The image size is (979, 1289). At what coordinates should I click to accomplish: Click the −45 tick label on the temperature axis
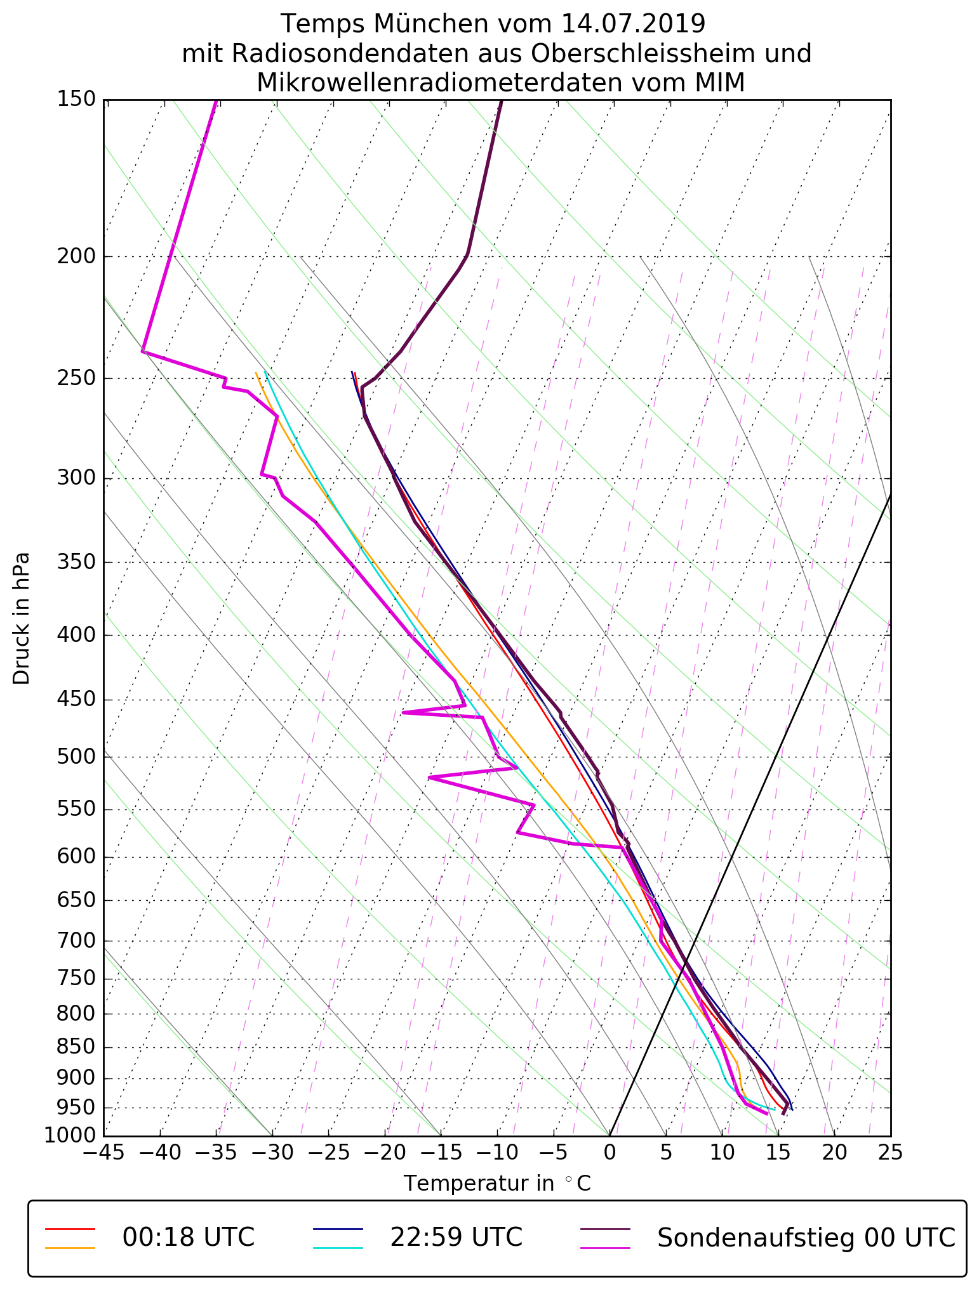coord(104,1152)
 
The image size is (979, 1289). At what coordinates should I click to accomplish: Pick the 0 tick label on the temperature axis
coord(609,1152)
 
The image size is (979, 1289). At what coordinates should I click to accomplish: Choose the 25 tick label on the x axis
coord(890,1152)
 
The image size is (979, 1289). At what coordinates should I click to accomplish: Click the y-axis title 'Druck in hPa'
coord(22,618)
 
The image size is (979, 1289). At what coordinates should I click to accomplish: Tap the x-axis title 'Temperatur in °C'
coord(497,1184)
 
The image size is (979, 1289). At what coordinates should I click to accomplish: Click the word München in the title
coord(429,24)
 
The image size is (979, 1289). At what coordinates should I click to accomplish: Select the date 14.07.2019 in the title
coord(633,24)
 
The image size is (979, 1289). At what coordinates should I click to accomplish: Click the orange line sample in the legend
coord(70,1248)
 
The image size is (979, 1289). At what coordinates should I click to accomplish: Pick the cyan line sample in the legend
coord(338,1248)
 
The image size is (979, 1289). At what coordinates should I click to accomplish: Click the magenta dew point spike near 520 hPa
coord(430,778)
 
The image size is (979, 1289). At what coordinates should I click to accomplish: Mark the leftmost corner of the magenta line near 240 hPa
coord(143,351)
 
